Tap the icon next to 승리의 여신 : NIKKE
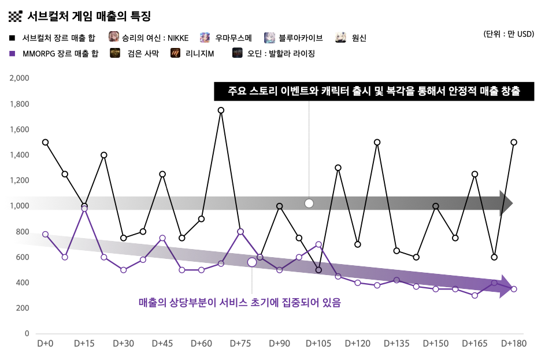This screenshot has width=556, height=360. click(x=114, y=38)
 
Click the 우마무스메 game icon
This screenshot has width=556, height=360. click(x=205, y=38)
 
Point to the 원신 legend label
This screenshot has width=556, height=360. click(x=359, y=38)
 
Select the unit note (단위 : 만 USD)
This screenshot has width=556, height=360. click(x=509, y=34)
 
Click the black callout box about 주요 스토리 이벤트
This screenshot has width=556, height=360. click(x=373, y=91)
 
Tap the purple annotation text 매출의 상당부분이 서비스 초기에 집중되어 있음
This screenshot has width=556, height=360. click(x=239, y=302)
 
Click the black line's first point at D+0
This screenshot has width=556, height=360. click(x=45, y=142)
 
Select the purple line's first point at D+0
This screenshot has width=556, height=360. click(x=45, y=234)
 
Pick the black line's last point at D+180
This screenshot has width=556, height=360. click(x=514, y=142)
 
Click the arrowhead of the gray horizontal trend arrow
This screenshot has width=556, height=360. click(x=506, y=202)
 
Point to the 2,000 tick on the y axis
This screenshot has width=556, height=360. click(x=20, y=78)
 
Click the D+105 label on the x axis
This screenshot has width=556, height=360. click(x=318, y=343)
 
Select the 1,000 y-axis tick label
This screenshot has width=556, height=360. click(x=20, y=206)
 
